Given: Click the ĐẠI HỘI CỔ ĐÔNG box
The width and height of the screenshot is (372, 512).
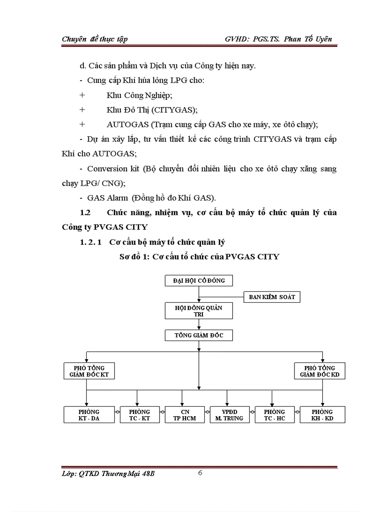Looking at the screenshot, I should pyautogui.click(x=199, y=280).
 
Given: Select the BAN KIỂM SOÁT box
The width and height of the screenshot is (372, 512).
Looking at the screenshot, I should pyautogui.click(x=272, y=297).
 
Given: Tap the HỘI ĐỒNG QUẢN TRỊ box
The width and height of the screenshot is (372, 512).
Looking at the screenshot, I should pyautogui.click(x=199, y=311).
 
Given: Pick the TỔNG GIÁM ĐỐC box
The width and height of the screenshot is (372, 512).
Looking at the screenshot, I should pyautogui.click(x=199, y=336).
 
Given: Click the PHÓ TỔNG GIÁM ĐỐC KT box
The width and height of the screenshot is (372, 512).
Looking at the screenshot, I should pyautogui.click(x=89, y=371).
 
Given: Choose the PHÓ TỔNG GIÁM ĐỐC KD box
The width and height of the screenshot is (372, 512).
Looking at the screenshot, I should pyautogui.click(x=320, y=371).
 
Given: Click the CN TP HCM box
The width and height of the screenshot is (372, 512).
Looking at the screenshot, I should pyautogui.click(x=185, y=415).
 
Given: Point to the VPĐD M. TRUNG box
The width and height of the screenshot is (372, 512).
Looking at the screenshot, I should pyautogui.click(x=229, y=415).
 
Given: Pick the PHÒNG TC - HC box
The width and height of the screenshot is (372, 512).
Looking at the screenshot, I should pyautogui.click(x=274, y=415).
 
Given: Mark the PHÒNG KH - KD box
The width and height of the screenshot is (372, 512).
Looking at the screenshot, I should pyautogui.click(x=322, y=415).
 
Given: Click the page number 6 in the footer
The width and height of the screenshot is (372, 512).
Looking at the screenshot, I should pyautogui.click(x=200, y=472).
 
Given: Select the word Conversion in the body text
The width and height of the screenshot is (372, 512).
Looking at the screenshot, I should pyautogui.click(x=107, y=169).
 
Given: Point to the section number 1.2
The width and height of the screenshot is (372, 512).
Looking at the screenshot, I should pyautogui.click(x=86, y=212).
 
